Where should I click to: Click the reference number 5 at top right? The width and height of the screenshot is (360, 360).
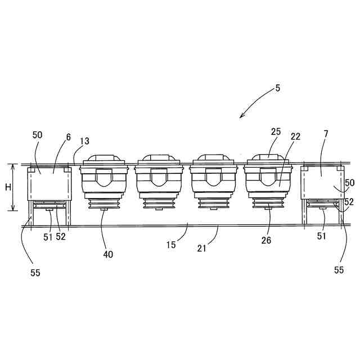(277, 88)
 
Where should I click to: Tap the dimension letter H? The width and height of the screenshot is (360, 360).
(8, 187)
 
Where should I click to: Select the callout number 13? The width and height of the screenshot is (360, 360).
(84, 141)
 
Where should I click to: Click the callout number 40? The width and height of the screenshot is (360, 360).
(107, 254)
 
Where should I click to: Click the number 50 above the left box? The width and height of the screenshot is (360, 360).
(37, 135)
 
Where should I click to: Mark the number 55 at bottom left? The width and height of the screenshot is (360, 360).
(35, 273)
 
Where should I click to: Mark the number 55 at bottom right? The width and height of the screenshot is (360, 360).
(339, 269)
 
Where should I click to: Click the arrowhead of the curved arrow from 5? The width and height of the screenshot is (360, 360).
(242, 116)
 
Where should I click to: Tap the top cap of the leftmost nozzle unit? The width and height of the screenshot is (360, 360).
(103, 159)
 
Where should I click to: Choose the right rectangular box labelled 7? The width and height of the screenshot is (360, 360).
(322, 182)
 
